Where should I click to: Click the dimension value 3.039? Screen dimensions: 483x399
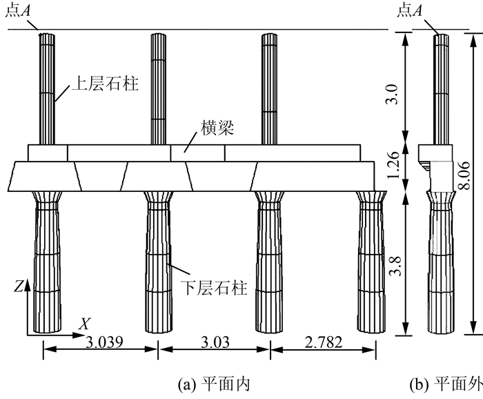coord(104,342)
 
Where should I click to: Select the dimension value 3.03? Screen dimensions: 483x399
coord(215,342)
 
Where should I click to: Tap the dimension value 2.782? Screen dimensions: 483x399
coord(323,342)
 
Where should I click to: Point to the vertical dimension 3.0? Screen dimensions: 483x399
coord(392,95)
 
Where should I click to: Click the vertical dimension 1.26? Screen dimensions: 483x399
coord(393,165)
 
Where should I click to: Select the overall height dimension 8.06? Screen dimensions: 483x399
coord(464,175)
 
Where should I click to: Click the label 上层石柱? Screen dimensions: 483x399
coord(105,84)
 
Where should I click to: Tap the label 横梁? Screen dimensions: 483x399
coord(217,128)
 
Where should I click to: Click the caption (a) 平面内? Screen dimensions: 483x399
coord(213,385)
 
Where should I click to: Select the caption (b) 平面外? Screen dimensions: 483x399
coord(446,385)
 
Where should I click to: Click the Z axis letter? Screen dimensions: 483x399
coord(19,287)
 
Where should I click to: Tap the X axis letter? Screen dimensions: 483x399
coord(84,324)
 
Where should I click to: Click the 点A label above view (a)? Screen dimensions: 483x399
coord(18,11)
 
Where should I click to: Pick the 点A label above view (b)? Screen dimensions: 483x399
coord(410,11)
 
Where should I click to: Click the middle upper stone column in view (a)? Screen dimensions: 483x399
coord(158,89)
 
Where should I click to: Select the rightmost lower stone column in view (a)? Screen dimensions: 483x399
coord(371,262)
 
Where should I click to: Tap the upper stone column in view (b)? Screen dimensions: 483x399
coord(441,89)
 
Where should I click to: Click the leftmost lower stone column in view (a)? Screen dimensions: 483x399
coord(47,262)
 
